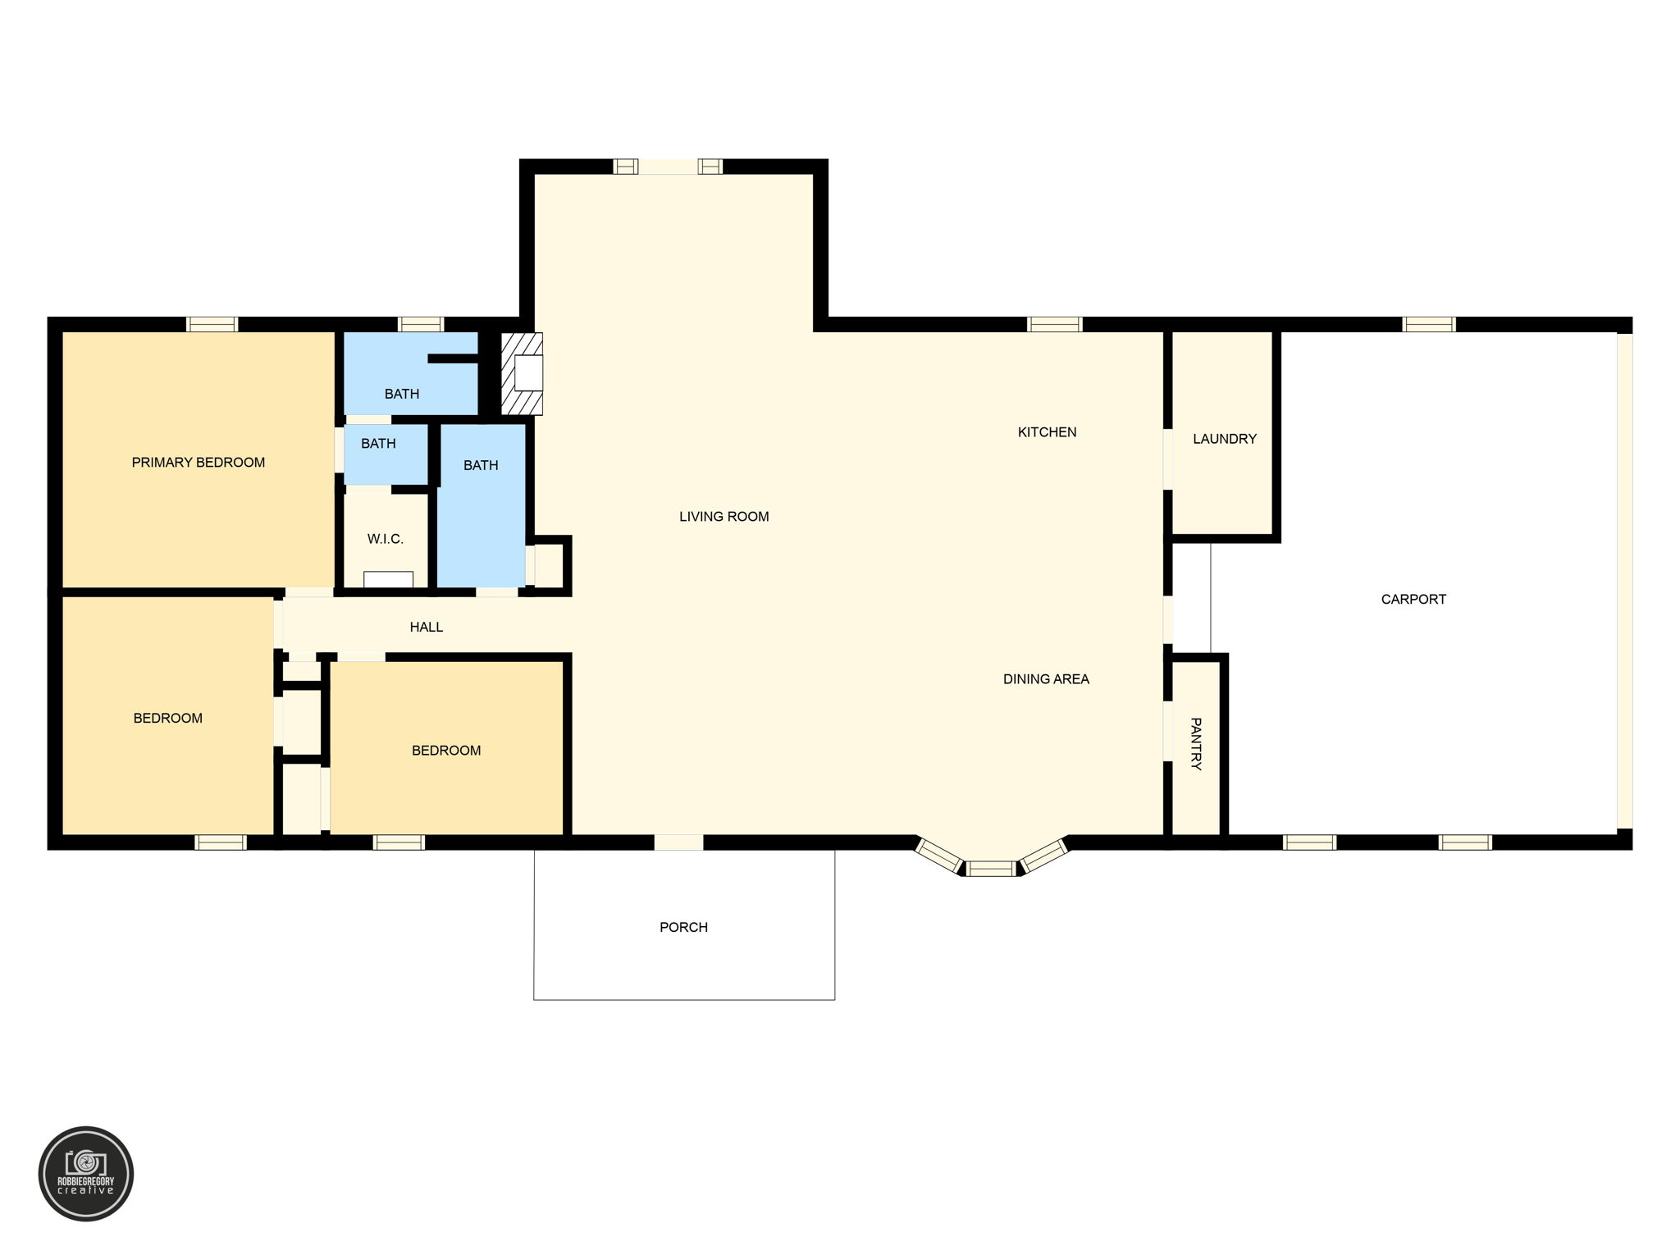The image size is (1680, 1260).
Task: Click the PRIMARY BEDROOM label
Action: [x=199, y=463]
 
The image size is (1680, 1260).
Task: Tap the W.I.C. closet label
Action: [x=385, y=539]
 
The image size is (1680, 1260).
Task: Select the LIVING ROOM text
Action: [x=724, y=517]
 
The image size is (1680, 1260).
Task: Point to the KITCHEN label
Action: [x=1047, y=432]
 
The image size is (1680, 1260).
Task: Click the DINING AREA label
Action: [x=1046, y=679]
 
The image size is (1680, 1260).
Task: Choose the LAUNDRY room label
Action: [x=1224, y=439]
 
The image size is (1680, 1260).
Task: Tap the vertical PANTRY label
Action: [x=1196, y=744]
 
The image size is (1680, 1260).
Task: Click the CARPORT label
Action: [x=1413, y=600]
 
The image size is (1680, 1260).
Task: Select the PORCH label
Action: [x=683, y=928]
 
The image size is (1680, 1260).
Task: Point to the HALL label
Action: [x=426, y=628]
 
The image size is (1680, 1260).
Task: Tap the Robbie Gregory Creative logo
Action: [x=86, y=1174]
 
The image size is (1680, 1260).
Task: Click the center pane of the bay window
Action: [x=990, y=869]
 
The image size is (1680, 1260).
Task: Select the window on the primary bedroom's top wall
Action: [x=212, y=324]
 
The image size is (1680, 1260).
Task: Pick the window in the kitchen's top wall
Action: [x=1054, y=324]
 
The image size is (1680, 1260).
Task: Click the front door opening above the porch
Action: [x=678, y=842]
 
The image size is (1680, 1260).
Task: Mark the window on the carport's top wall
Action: [x=1429, y=324]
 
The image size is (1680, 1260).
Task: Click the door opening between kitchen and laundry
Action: [x=1167, y=459]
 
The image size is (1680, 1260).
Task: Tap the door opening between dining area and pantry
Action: [x=1167, y=731]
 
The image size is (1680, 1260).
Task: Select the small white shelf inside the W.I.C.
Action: [x=388, y=579]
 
